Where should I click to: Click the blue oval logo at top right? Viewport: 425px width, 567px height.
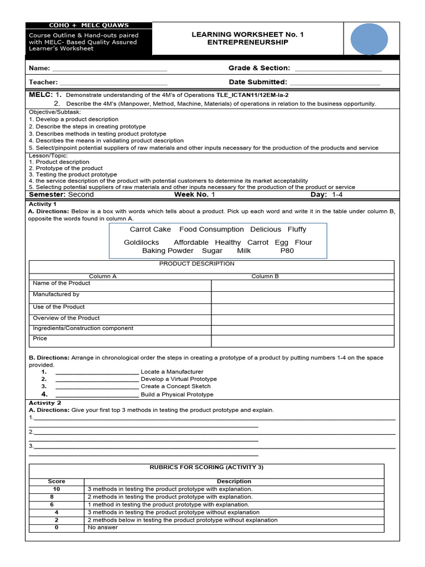369,39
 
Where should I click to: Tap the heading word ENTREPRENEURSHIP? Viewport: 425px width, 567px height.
247,43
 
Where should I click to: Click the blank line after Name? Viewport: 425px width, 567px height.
109,70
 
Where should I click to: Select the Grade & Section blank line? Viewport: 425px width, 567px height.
338,70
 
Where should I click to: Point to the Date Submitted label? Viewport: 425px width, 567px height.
258,82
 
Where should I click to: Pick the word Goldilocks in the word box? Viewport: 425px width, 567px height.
141,243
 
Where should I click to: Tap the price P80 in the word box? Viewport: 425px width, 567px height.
287,251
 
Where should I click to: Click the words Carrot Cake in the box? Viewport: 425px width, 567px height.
150,229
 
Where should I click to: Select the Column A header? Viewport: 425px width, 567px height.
103,276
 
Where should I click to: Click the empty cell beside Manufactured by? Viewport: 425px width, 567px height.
302,297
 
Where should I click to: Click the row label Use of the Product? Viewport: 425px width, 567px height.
59,307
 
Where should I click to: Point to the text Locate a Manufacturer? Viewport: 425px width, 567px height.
172,372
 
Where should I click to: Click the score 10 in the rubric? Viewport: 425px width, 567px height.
56,489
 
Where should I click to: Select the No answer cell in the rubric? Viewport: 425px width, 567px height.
102,528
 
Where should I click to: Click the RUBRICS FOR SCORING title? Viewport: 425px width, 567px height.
206,467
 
